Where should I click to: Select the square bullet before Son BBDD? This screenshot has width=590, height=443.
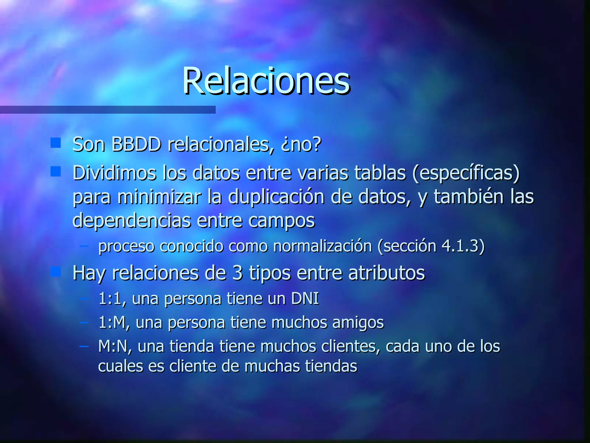pyautogui.click(x=55, y=143)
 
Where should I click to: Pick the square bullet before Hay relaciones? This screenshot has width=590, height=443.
pyautogui.click(x=55, y=271)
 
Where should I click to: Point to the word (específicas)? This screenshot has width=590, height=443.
pyautogui.click(x=466, y=173)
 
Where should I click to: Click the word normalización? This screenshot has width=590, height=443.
pyautogui.click(x=322, y=246)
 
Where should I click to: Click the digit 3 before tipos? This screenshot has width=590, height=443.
pyautogui.click(x=237, y=273)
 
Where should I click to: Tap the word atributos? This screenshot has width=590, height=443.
pyautogui.click(x=387, y=273)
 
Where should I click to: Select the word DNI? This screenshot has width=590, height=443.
pyautogui.click(x=305, y=298)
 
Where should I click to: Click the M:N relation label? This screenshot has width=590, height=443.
pyautogui.click(x=113, y=346)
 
